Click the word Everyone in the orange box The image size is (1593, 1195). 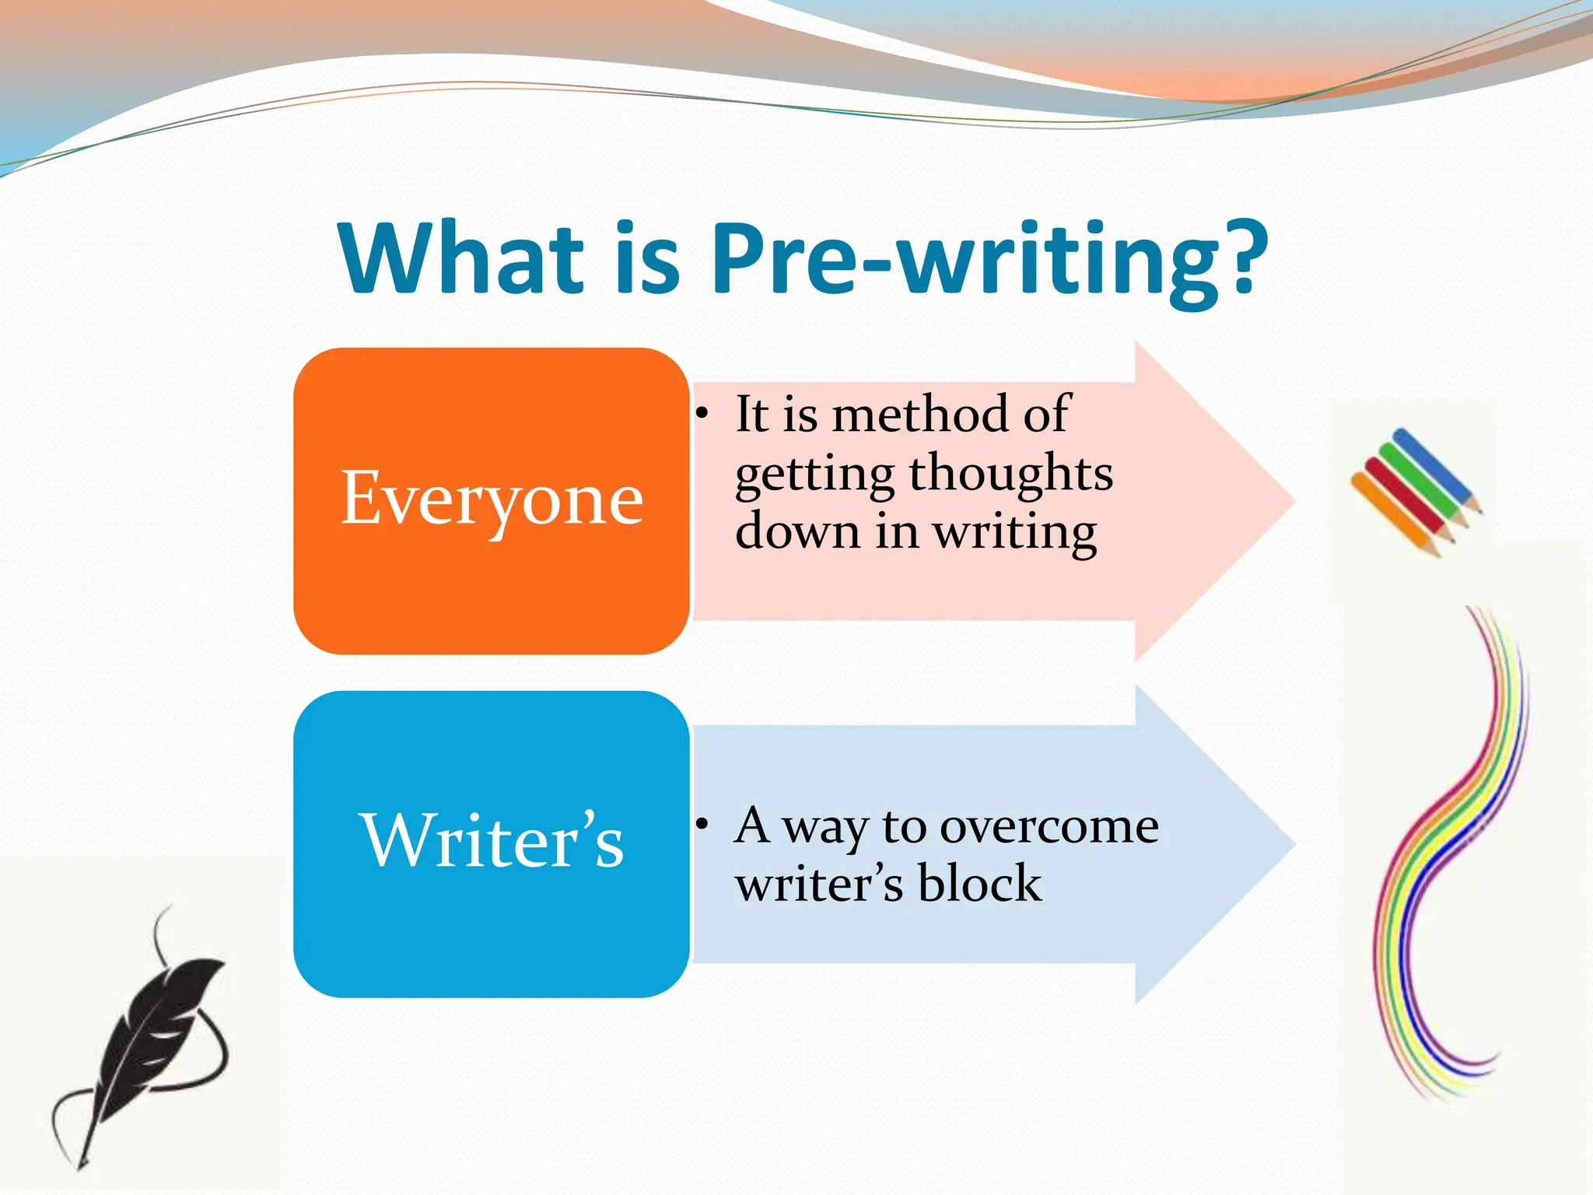[x=492, y=499]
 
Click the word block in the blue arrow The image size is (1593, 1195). [x=979, y=884]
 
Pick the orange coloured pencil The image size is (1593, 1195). [x=1392, y=513]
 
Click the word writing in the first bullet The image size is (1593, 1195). [x=1014, y=534]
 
